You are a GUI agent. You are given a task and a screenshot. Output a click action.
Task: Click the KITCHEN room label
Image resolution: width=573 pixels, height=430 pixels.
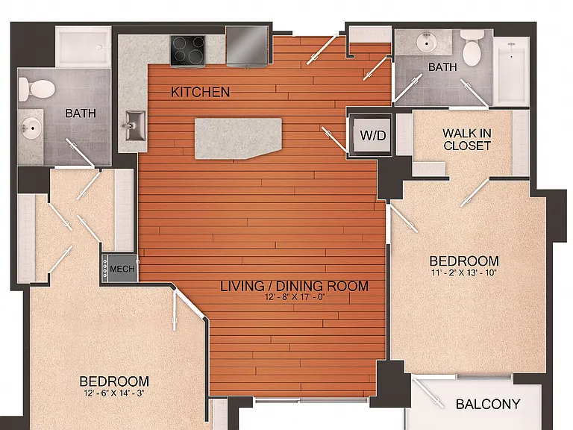[x=200, y=92]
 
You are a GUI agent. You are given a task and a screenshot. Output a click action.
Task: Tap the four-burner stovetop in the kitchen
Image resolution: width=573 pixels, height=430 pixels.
[x=188, y=52]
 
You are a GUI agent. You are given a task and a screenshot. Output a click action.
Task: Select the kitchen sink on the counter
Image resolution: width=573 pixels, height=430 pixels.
[x=135, y=125]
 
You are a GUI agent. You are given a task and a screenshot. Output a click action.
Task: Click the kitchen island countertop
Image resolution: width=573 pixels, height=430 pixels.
[x=238, y=139]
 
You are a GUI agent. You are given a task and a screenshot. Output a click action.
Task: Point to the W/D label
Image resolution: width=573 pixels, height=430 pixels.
[x=373, y=136]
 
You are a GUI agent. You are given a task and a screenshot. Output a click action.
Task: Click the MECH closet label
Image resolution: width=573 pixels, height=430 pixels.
[x=122, y=269]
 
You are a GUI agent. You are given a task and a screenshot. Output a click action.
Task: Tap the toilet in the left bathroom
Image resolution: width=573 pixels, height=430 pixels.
[x=37, y=90]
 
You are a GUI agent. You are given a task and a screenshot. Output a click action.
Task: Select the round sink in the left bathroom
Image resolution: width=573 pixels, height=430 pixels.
[x=31, y=128]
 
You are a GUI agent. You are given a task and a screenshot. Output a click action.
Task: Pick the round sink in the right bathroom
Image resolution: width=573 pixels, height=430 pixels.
[x=427, y=42]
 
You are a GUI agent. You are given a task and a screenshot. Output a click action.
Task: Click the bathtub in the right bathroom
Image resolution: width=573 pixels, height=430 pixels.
[x=511, y=71]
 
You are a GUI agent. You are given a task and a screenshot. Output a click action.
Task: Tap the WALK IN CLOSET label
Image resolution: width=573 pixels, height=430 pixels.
[x=466, y=140]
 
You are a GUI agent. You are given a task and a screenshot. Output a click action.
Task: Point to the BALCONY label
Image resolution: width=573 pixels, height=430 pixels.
[x=488, y=404]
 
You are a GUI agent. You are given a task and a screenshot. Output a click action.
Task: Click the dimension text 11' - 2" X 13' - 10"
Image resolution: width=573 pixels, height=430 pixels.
[x=463, y=272]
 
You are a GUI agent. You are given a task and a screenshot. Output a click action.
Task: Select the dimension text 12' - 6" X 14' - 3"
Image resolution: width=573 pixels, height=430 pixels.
[x=113, y=393]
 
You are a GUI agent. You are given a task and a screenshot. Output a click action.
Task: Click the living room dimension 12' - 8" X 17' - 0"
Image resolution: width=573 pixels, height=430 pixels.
[x=295, y=297]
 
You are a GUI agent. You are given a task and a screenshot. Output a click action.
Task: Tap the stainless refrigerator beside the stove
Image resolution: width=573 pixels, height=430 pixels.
[x=248, y=46]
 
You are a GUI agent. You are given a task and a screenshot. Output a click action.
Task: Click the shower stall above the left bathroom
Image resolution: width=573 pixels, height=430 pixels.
[x=83, y=47]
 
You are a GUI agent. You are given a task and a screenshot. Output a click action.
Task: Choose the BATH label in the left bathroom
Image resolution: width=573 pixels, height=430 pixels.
[x=81, y=113]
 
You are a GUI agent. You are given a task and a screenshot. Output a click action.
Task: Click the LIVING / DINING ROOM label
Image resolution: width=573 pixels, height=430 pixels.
[x=294, y=286]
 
